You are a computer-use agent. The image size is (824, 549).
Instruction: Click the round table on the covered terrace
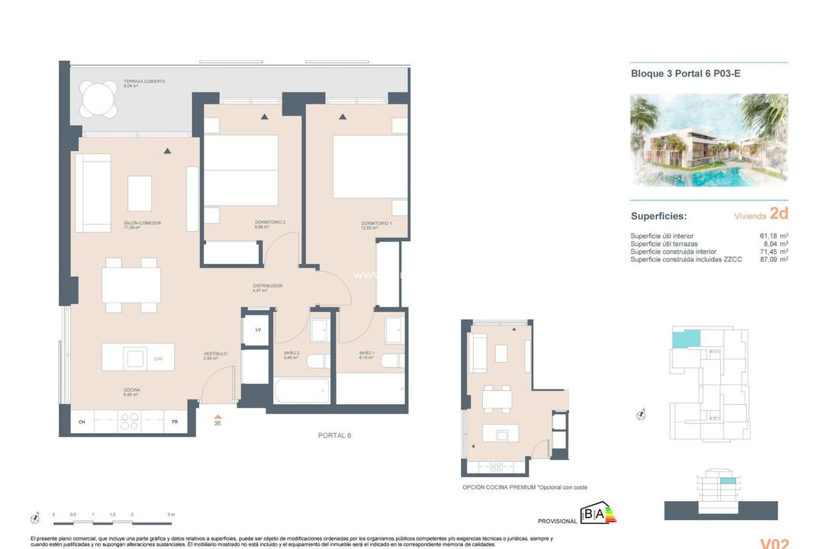coord(99,99)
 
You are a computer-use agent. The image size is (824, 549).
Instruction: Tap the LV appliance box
coord(258,329)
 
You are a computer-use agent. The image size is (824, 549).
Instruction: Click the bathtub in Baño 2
coord(301,390)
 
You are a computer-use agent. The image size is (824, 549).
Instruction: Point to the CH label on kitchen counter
coord(82,422)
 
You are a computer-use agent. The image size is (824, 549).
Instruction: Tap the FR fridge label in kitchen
coord(175,422)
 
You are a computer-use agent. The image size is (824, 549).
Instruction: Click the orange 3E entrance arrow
coord(217,416)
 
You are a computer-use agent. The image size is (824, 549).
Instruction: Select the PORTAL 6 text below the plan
coord(334,435)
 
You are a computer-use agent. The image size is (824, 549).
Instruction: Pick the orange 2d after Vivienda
coord(779,215)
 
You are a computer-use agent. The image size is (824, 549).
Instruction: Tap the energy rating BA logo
coord(599,514)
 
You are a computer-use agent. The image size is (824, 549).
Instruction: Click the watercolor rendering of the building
coord(709,140)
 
